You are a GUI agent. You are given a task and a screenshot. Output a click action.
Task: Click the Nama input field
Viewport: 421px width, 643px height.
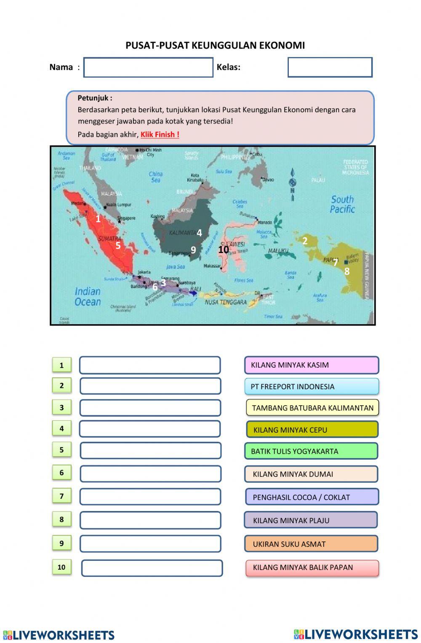tap(148, 67)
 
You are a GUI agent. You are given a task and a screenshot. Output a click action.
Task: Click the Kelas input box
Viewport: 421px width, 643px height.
tap(330, 67)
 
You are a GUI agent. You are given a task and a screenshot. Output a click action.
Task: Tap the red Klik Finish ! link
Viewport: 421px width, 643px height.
tap(160, 135)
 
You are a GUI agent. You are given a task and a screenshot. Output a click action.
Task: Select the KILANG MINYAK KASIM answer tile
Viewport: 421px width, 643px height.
tap(312, 365)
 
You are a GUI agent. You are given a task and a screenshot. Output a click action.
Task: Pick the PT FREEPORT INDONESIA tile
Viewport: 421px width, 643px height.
tap(312, 387)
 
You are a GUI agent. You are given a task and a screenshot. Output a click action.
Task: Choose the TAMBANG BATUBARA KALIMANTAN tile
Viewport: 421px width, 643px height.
tap(312, 408)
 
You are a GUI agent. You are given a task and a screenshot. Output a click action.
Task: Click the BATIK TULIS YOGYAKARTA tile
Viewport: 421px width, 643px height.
tap(311, 451)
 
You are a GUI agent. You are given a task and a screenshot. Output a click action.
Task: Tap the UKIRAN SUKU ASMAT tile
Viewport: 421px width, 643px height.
tap(311, 544)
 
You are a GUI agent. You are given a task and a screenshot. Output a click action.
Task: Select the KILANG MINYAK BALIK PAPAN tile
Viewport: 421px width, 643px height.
tap(312, 568)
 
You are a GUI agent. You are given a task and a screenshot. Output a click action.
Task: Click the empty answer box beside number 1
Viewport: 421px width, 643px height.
tap(150, 366)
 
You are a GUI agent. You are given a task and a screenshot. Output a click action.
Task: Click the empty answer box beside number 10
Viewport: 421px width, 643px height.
tap(152, 568)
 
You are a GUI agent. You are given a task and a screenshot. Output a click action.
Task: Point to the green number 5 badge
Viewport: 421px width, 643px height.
tap(61, 450)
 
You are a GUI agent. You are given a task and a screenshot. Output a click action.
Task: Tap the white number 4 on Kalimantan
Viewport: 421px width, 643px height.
tap(199, 233)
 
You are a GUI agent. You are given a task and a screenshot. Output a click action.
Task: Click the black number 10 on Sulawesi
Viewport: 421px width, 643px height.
tap(224, 250)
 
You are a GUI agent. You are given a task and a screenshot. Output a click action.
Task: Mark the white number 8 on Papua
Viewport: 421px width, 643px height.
tap(347, 272)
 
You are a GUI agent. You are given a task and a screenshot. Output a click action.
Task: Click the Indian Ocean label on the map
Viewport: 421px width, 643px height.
tap(88, 296)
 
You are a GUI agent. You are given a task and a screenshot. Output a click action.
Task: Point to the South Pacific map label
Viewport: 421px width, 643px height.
tap(342, 204)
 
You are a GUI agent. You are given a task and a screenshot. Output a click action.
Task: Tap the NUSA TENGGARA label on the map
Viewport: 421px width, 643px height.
tap(226, 302)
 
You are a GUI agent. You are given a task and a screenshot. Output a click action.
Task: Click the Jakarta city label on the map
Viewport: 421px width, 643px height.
tap(144, 272)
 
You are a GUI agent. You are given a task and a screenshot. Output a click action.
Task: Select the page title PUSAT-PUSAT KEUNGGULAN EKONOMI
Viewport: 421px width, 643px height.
tap(215, 46)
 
